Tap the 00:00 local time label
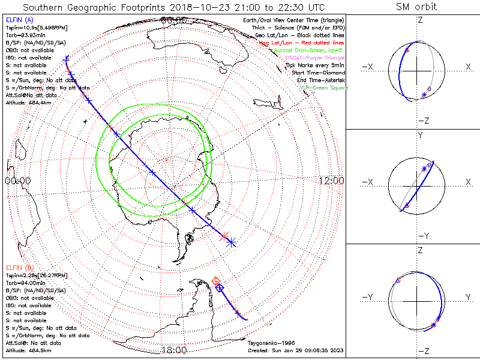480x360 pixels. pyautogui.click(x=17, y=181)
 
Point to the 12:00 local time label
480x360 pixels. pyautogui.click(x=331, y=181)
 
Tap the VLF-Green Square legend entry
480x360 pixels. pyautogui.click(x=323, y=88)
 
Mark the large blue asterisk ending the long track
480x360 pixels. pyautogui.click(x=231, y=242)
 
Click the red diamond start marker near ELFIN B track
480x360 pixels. pyautogui.click(x=216, y=281)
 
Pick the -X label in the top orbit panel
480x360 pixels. pyautogui.click(x=368, y=67)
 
